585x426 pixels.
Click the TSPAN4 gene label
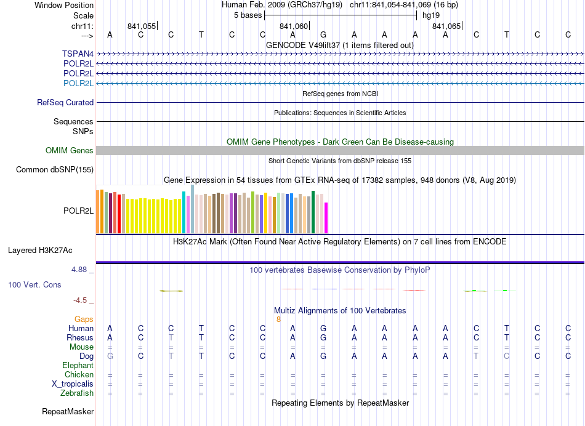(x=78, y=54)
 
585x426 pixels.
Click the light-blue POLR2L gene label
(x=78, y=83)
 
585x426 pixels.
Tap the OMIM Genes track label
(x=70, y=150)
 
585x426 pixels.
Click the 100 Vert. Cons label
(x=34, y=285)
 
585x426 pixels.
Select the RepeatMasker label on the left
(x=68, y=411)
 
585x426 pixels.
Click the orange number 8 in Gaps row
(x=278, y=319)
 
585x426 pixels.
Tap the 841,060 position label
(x=293, y=26)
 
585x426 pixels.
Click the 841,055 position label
(x=142, y=26)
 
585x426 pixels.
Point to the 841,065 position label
(x=446, y=26)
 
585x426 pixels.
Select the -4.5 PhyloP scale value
(x=81, y=300)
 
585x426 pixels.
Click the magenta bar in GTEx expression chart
(x=326, y=218)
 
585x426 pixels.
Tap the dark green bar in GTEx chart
(x=313, y=212)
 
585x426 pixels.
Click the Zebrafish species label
(x=78, y=393)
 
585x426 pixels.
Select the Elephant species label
(x=78, y=365)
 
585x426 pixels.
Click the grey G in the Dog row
(x=110, y=356)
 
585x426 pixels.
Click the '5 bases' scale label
(x=248, y=15)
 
